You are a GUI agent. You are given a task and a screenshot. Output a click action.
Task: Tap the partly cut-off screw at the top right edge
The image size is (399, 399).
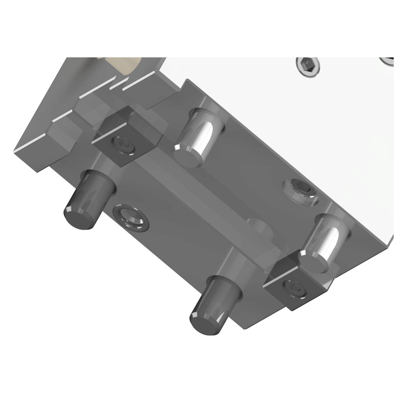(x=390, y=61)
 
